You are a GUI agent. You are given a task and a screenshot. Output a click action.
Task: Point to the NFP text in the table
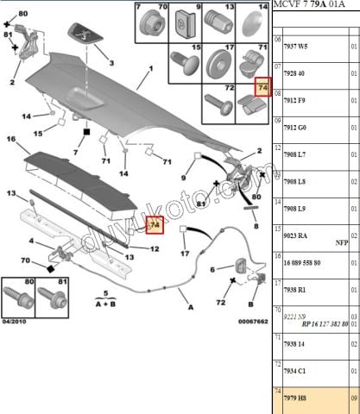click(342, 242)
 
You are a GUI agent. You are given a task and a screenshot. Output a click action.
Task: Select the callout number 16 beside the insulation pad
click(11, 138)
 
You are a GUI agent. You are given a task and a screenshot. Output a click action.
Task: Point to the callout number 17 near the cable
click(183, 254)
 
